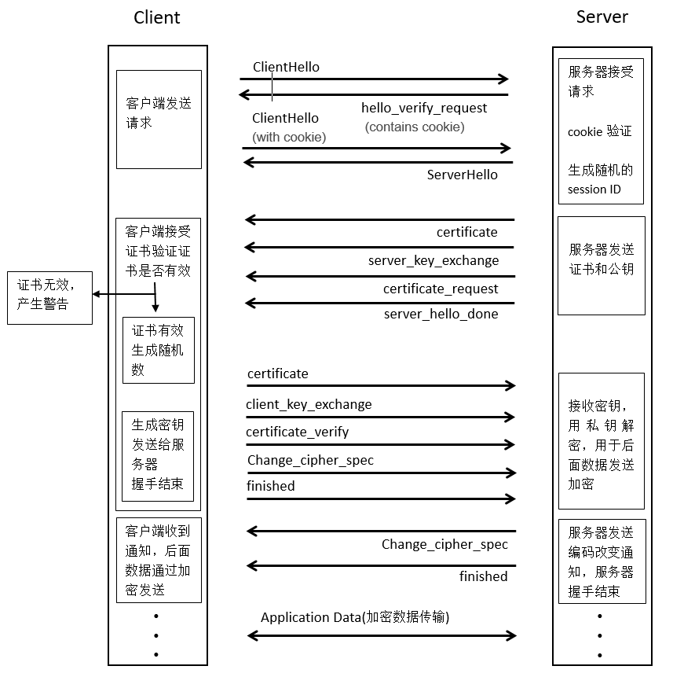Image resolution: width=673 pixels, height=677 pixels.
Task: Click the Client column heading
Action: tap(157, 17)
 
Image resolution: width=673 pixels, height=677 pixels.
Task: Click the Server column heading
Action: tap(602, 17)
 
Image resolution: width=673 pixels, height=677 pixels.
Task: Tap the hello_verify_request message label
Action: tap(424, 108)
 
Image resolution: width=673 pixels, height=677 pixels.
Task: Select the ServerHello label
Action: tap(462, 175)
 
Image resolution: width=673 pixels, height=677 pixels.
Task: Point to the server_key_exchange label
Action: tap(433, 260)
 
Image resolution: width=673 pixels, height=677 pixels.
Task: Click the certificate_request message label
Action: tap(441, 289)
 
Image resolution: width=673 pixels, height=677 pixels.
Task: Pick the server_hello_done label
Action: tap(441, 314)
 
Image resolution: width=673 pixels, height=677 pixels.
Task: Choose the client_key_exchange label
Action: tap(309, 404)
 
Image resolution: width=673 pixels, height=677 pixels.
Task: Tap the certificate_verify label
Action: tap(297, 432)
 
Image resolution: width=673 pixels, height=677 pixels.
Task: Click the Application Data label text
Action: tap(355, 617)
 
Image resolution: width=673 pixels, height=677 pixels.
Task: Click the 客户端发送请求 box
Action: tap(159, 119)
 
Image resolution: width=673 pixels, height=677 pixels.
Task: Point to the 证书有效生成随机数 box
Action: tap(158, 350)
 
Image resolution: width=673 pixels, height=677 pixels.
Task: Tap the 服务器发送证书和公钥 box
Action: tap(602, 266)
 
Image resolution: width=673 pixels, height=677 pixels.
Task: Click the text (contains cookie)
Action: tap(415, 127)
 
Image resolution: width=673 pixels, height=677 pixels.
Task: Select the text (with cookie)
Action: tap(289, 137)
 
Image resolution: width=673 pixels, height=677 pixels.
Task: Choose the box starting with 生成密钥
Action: tap(158, 454)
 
